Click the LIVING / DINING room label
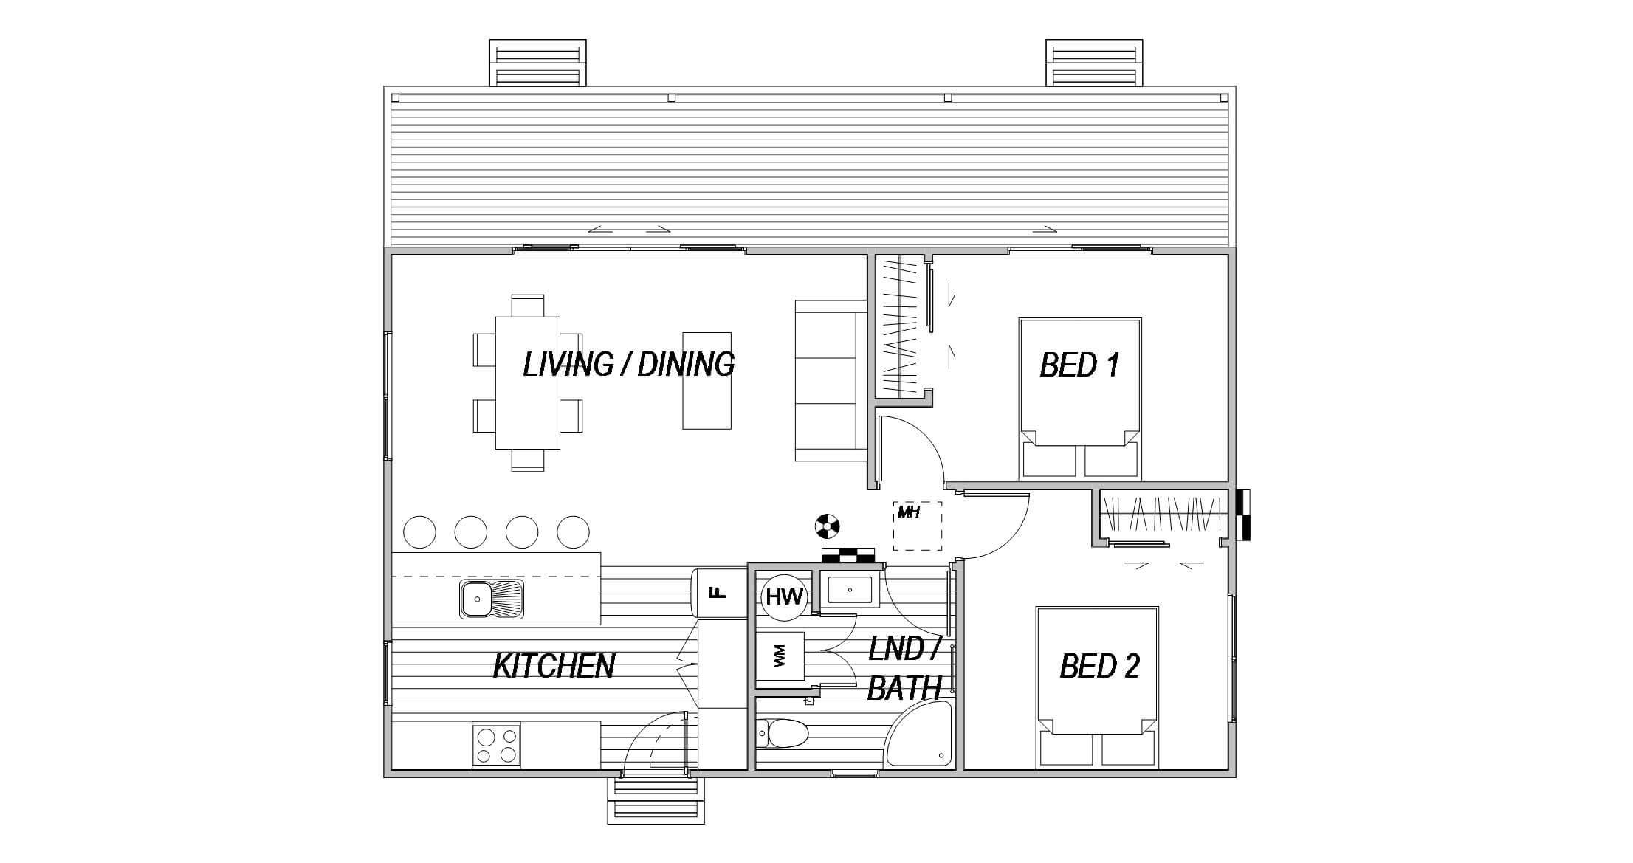pos(628,365)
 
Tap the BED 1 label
pos(1079,365)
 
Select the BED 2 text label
pos(1099,666)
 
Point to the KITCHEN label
pos(554,666)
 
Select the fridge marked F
pos(719,592)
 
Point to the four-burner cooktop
pos(496,746)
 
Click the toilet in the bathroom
pos(783,734)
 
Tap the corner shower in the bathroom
pos(918,735)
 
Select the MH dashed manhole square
pos(918,526)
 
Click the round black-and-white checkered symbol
pos(827,526)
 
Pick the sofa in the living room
pos(831,380)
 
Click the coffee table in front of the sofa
pos(707,380)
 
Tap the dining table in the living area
pos(527,382)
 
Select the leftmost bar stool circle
pos(419,532)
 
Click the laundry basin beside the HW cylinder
pos(850,591)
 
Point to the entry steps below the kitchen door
pos(656,801)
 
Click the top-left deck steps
pos(537,63)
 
